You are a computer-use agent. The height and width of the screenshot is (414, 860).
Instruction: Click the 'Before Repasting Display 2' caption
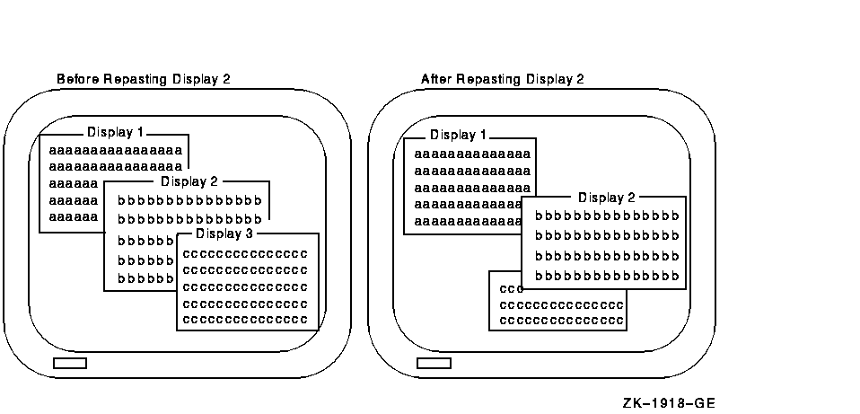144,79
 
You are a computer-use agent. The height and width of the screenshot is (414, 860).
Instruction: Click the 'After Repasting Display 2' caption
503,79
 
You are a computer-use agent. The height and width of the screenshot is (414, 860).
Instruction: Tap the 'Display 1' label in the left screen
115,132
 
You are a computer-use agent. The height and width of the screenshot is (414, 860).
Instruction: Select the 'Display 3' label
225,234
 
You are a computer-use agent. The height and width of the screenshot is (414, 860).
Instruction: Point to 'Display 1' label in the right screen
458,136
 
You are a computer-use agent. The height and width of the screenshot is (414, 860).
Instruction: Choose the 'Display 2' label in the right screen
607,198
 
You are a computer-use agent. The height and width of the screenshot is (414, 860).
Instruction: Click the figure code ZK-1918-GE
669,403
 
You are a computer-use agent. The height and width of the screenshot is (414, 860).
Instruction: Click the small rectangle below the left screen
70,363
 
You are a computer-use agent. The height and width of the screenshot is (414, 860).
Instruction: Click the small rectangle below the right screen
434,363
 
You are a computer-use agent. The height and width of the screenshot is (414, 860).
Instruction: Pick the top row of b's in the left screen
189,199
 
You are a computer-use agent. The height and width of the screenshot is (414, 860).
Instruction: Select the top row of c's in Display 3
245,253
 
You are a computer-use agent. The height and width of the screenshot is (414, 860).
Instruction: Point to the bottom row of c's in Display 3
245,319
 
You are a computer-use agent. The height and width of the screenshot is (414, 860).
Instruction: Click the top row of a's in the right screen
471,154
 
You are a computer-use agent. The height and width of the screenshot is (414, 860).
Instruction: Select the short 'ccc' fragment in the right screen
509,289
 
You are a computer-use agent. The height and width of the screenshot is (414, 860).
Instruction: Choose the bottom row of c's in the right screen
561,320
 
